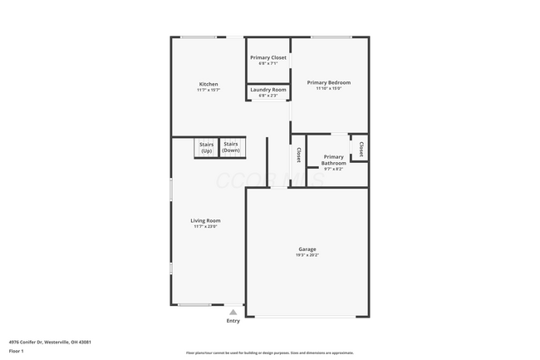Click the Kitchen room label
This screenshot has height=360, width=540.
tap(209, 84)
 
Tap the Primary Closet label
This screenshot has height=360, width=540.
tap(268, 57)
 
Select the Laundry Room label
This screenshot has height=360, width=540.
tap(268, 90)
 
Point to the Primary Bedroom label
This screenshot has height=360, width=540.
tap(329, 82)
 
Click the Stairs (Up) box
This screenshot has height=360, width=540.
tap(206, 147)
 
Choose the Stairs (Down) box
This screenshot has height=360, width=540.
tap(231, 147)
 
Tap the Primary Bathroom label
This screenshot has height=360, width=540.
tap(334, 160)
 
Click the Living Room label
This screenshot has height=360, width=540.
tap(207, 220)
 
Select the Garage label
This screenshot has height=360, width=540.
tap(307, 249)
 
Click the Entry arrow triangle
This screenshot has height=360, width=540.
tap(233, 312)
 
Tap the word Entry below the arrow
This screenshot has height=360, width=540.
tap(233, 321)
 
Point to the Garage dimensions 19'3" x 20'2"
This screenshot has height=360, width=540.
tap(307, 255)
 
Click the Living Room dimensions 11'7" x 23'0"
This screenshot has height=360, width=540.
tap(207, 226)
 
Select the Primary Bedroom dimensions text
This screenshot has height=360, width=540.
tap(329, 88)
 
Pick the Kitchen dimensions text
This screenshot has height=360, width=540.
tap(209, 90)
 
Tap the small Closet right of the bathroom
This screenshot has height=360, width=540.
tap(361, 149)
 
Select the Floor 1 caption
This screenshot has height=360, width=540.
tap(17, 352)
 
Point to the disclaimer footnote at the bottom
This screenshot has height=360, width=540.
tap(269, 353)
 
